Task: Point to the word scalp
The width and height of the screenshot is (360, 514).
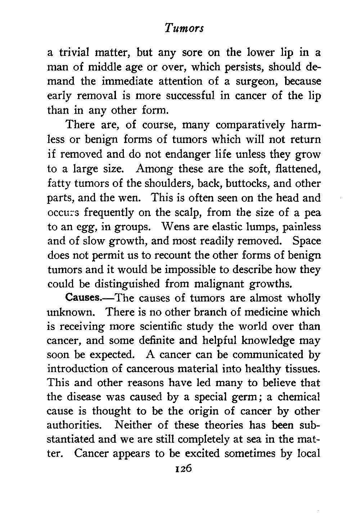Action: click(186, 212)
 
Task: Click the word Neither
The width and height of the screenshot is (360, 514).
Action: click(132, 425)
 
